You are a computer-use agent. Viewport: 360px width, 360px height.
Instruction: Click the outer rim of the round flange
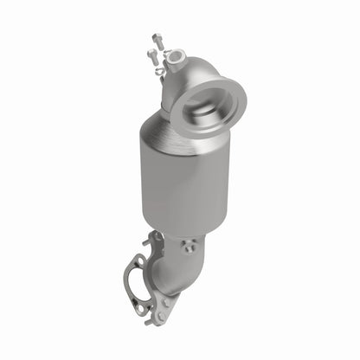coord(218,97)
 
